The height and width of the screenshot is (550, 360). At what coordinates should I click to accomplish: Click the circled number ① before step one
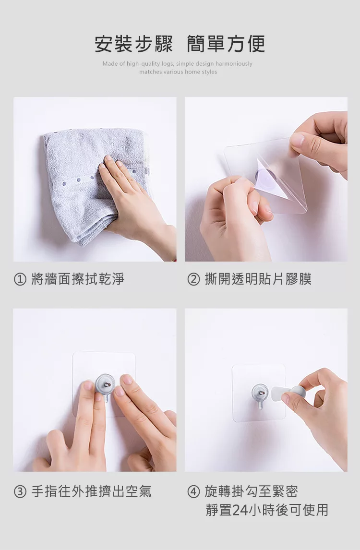point(20,280)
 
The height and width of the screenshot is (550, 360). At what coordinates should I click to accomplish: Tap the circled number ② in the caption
point(193,280)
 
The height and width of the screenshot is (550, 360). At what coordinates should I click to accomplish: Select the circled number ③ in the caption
point(20,491)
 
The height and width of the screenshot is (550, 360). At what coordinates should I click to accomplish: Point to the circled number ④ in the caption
point(193,491)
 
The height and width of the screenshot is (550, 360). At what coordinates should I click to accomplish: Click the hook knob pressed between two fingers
point(104,386)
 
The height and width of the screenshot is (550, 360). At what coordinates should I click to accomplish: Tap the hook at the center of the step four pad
point(259,395)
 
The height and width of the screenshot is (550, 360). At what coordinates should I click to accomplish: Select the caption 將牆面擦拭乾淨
point(78,280)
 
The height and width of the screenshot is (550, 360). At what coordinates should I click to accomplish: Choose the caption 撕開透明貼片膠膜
point(258,280)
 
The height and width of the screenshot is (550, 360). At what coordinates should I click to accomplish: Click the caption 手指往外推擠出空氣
point(91,491)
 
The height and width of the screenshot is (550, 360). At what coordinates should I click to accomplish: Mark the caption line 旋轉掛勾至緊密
point(251,491)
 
